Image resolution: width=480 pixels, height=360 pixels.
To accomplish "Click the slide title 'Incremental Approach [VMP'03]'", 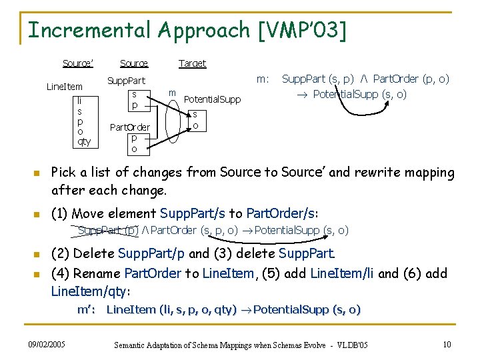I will [187, 30].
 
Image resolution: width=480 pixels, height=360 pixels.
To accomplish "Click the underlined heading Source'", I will [77, 63].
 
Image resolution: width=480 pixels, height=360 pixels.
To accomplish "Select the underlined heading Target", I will [192, 63].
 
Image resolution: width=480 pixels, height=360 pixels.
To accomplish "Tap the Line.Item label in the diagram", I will [64, 87].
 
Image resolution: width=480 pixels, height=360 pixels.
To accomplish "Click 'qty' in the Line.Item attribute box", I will [83, 141].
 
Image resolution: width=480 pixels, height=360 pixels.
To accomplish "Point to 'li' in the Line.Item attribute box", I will [80, 100].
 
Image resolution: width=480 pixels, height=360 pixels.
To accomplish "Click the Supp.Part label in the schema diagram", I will [126, 81].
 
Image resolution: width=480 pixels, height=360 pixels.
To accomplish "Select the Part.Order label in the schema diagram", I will [129, 127].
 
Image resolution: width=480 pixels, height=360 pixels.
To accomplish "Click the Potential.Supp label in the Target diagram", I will [212, 99].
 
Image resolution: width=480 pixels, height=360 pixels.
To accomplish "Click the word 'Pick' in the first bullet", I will [65, 173].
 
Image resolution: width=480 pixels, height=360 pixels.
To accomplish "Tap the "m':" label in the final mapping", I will [87, 309].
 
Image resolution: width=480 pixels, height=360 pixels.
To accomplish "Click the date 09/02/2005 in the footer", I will [47, 344].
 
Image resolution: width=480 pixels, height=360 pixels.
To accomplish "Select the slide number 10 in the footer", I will [446, 344].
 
